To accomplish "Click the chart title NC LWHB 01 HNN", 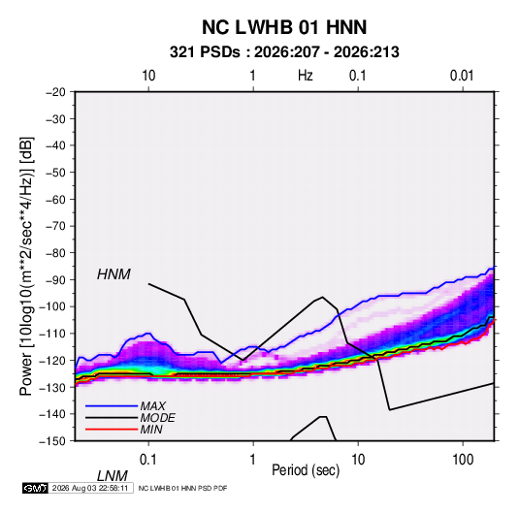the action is pos(284,27).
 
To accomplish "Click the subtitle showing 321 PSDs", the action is pos(284,52).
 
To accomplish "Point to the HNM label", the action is pos(114,274).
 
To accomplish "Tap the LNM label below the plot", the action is pos(112,476).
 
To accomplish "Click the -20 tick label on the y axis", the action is pos(55,92).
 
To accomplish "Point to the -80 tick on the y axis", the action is pos(55,253).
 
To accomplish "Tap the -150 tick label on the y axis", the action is pos(52,441).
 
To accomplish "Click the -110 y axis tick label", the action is pos(52,334).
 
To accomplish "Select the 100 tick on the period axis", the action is pos(463,460).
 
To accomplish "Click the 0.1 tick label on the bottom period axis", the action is pos(148,460).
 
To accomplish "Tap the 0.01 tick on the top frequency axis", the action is pos(462,76).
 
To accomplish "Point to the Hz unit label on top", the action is pos(306,76).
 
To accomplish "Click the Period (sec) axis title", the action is pos(306,470).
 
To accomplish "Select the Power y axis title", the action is pos(26,266).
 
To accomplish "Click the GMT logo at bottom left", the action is pos(35,488).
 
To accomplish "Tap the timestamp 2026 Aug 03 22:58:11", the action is pos(90,488).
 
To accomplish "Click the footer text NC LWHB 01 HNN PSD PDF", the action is pos(182,489).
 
